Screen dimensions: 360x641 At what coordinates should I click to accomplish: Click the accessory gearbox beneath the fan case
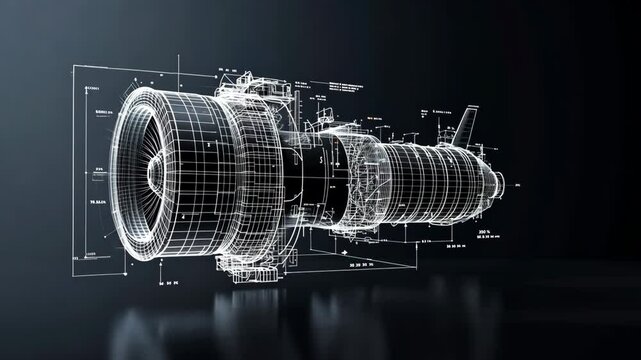coord(245,264)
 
